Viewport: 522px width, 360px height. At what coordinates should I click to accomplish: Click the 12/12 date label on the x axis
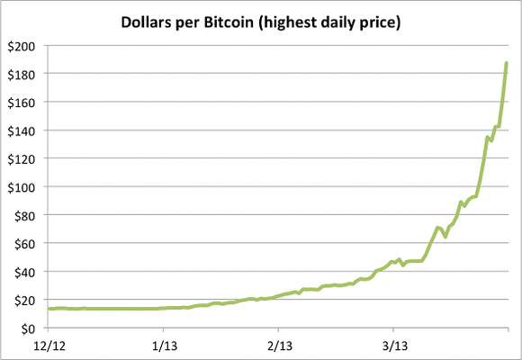(x=49, y=345)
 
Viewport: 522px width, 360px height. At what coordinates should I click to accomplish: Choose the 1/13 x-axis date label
(x=164, y=345)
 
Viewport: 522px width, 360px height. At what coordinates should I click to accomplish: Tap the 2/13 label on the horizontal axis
(x=279, y=345)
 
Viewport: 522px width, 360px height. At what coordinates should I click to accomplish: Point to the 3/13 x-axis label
(x=393, y=345)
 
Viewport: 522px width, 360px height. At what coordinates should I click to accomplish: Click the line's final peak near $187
(x=507, y=62)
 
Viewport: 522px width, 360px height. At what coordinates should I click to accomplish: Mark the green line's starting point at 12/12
(x=49, y=309)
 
